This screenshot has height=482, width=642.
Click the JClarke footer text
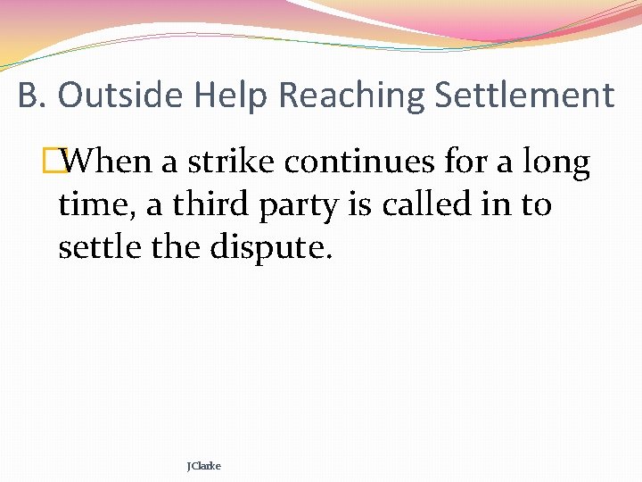tap(204, 466)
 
